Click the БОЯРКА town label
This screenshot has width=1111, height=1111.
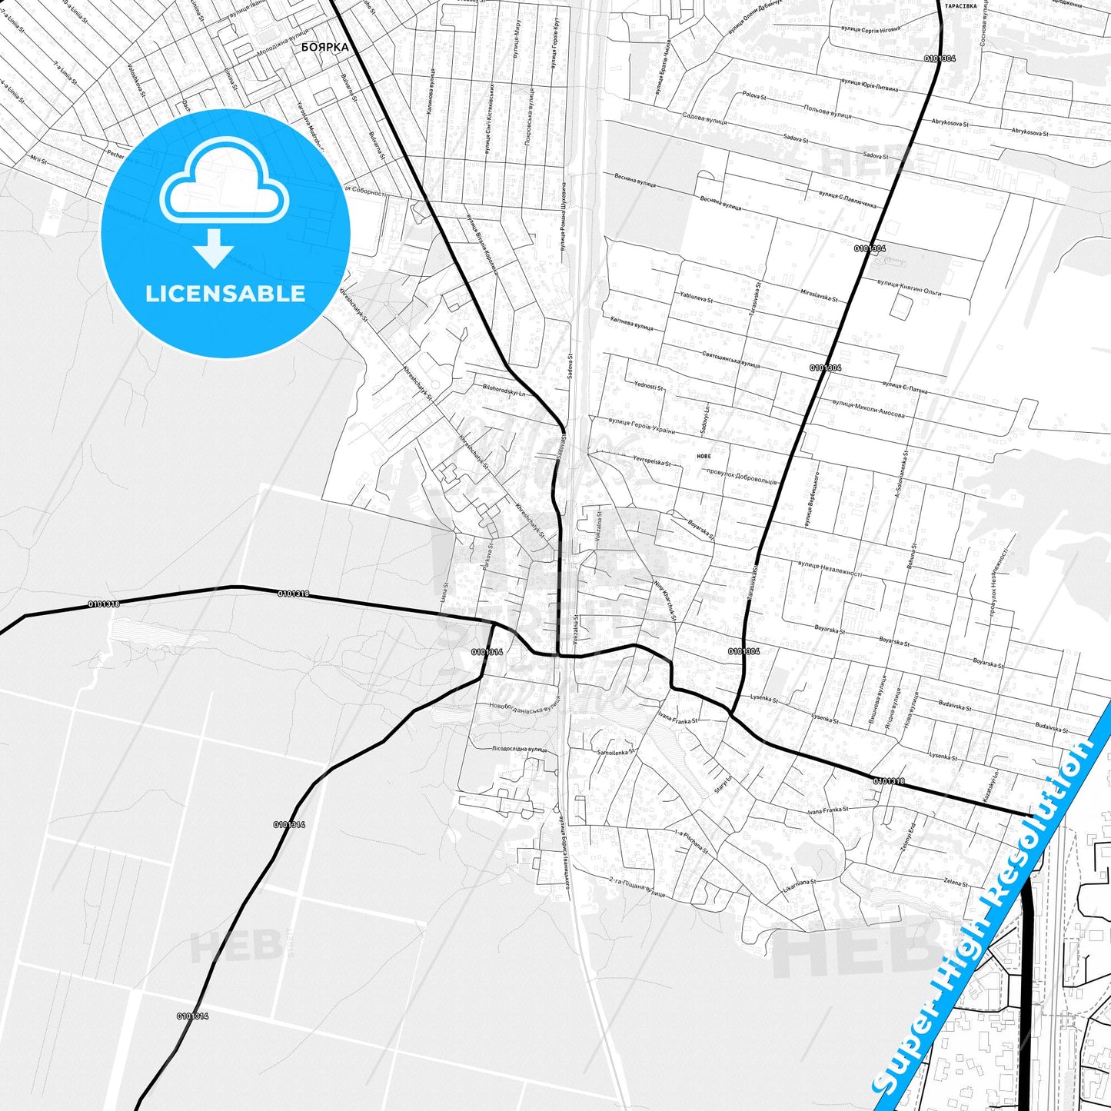click(x=324, y=47)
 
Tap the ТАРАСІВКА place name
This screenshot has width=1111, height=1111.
click(x=960, y=5)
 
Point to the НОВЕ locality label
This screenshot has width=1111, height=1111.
click(x=704, y=456)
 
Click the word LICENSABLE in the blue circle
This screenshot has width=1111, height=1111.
click(x=225, y=294)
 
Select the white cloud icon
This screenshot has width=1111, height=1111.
click(x=224, y=185)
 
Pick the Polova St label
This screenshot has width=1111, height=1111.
click(x=754, y=96)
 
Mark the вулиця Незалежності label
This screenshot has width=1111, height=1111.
click(x=830, y=569)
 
